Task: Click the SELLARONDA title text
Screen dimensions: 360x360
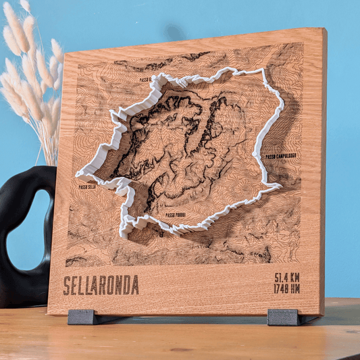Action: [x=101, y=285]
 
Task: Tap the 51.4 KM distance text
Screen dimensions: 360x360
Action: [x=287, y=278]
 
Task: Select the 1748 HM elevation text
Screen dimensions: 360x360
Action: [x=287, y=289]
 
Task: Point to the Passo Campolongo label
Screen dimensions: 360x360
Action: [x=280, y=156]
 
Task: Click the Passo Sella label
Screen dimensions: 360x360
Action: [x=86, y=187]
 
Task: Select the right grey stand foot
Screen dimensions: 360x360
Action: [x=282, y=317]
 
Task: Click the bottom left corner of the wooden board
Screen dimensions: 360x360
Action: [x=49, y=313]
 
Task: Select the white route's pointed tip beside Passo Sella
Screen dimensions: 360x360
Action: [x=78, y=174]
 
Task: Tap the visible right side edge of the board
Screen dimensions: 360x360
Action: [x=323, y=169]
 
